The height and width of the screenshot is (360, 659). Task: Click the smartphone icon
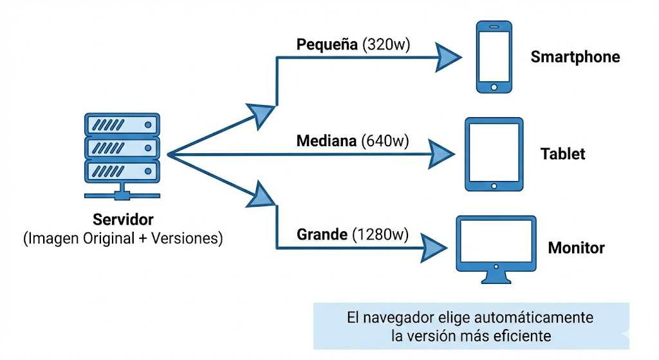pyautogui.click(x=494, y=57)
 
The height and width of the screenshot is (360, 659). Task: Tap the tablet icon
pyautogui.click(x=494, y=155)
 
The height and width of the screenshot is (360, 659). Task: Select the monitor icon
pyautogui.click(x=495, y=249)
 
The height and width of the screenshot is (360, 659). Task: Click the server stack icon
pyautogui.click(x=121, y=155)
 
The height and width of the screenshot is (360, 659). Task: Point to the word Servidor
pyautogui.click(x=123, y=219)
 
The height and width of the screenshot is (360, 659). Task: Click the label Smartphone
pyautogui.click(x=575, y=57)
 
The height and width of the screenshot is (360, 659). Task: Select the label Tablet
pyautogui.click(x=562, y=155)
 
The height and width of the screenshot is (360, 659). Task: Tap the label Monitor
pyautogui.click(x=575, y=249)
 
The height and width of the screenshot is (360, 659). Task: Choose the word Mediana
pyautogui.click(x=326, y=140)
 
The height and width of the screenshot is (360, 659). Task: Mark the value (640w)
pyautogui.click(x=385, y=140)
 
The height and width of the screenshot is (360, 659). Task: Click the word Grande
pyautogui.click(x=322, y=235)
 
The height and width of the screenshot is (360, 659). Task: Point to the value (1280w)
pyautogui.click(x=380, y=235)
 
